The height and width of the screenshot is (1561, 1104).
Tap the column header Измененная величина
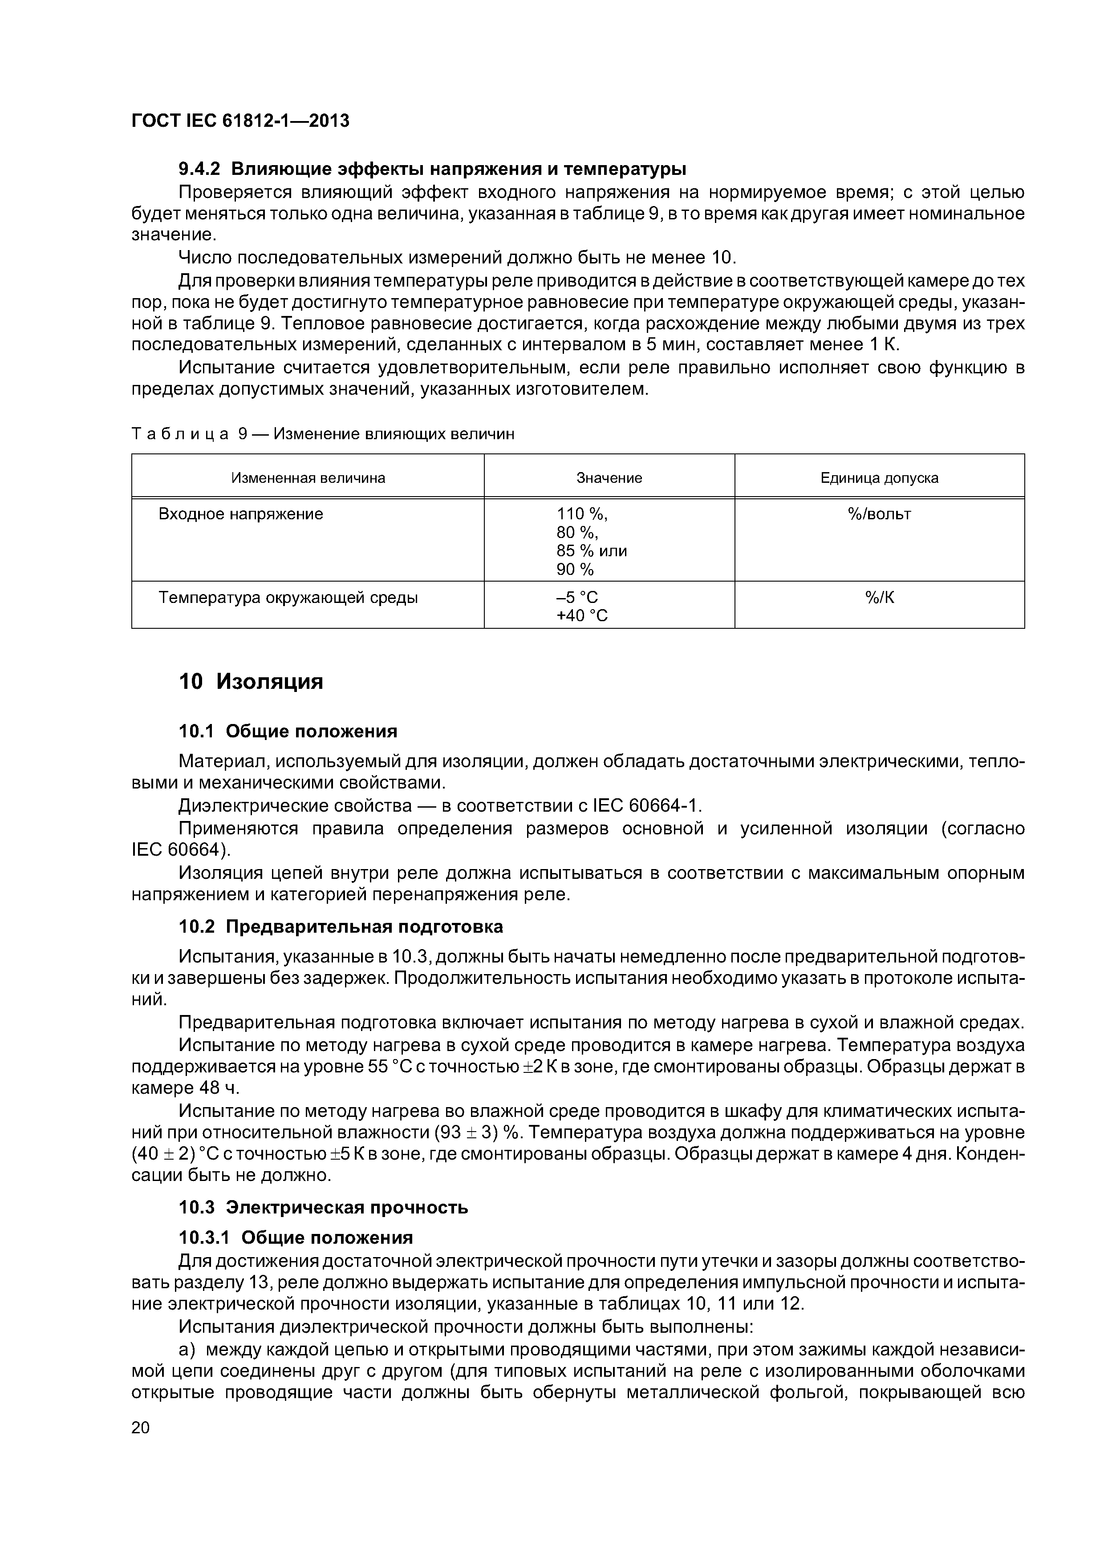point(308,478)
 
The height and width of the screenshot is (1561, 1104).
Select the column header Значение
point(609,478)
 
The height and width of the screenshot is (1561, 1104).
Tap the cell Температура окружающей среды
point(288,598)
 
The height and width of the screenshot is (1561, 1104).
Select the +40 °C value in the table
point(581,616)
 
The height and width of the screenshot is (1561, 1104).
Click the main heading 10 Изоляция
point(250,681)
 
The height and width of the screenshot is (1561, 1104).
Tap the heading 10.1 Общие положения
point(288,732)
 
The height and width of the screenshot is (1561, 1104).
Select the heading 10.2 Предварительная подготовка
point(340,926)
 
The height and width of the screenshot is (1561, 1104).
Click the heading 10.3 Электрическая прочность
point(323,1208)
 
